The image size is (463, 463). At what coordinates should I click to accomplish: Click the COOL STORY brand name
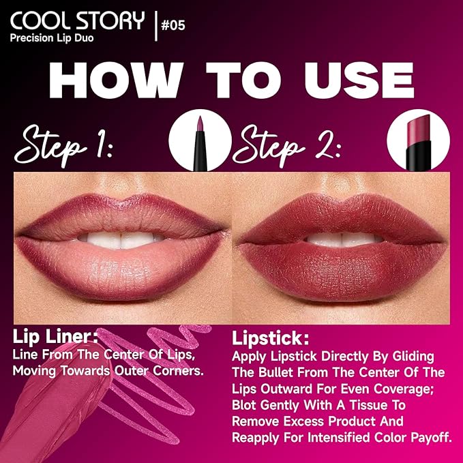pyautogui.click(x=77, y=20)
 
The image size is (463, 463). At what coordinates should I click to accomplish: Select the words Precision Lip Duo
pyautogui.click(x=52, y=38)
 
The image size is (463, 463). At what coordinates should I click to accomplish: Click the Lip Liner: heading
pyautogui.click(x=56, y=336)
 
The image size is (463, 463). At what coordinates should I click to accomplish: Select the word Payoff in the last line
pyautogui.click(x=425, y=436)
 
